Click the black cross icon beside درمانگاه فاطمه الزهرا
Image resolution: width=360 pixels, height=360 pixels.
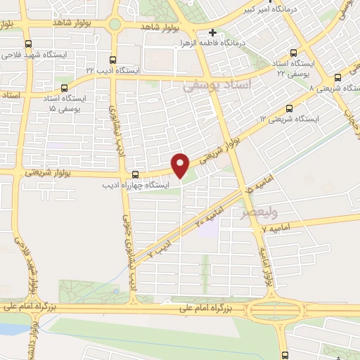point(212,32)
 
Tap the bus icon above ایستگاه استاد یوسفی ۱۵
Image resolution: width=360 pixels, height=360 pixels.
point(65,89)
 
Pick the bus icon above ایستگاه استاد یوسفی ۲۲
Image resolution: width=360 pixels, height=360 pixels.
point(293,52)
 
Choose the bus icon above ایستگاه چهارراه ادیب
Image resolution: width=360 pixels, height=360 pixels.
point(136,174)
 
